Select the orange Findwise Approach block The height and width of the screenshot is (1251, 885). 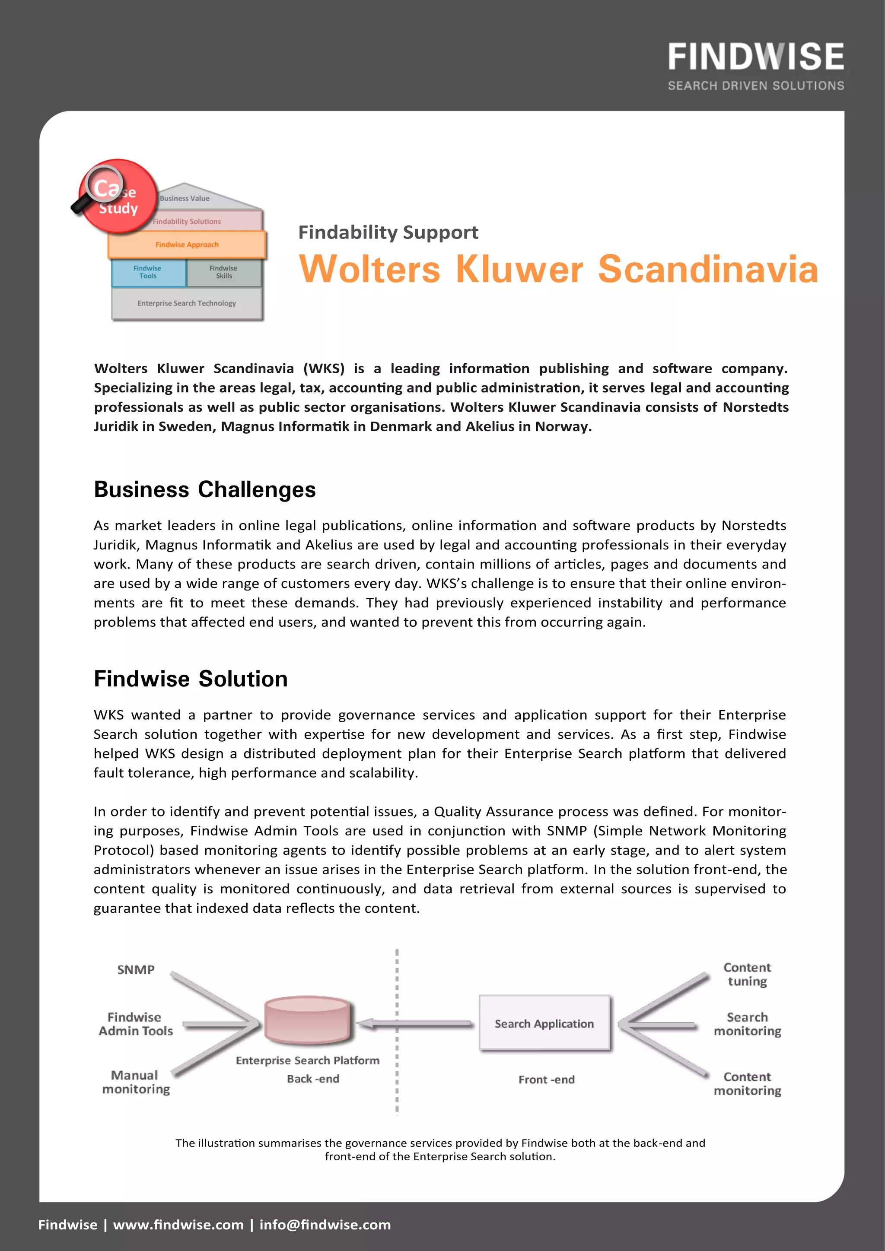pos(187,244)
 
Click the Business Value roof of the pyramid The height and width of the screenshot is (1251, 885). pos(185,198)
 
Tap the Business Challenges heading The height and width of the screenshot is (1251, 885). pos(204,489)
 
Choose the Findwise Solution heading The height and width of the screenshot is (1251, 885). pos(190,679)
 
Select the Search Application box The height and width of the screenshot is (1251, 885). pos(544,1023)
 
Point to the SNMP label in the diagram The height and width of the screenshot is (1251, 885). pos(136,970)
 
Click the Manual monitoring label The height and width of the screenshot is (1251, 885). pos(136,1082)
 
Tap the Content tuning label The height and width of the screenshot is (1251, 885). pos(747,974)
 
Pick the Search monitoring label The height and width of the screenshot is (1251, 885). pos(747,1024)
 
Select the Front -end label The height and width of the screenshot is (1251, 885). pos(546,1080)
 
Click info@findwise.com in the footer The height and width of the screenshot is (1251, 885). pos(325,1225)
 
